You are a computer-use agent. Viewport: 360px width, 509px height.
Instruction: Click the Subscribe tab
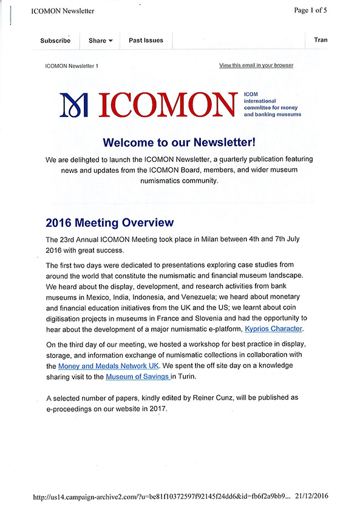pos(55,41)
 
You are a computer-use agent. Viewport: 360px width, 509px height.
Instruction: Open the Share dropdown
pos(101,41)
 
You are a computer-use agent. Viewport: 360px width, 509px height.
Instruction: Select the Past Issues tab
pos(146,41)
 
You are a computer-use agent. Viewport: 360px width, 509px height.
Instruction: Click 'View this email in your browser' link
pos(256,66)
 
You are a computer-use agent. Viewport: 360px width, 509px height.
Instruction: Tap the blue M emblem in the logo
pos(74,104)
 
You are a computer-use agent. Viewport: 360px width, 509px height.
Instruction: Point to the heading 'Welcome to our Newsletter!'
pos(179,143)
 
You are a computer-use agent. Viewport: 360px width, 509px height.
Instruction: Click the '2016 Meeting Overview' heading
pos(109,223)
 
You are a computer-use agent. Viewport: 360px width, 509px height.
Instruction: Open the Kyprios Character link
pos(273,329)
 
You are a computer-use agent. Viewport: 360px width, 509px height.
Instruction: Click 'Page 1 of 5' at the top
pos(327,10)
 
